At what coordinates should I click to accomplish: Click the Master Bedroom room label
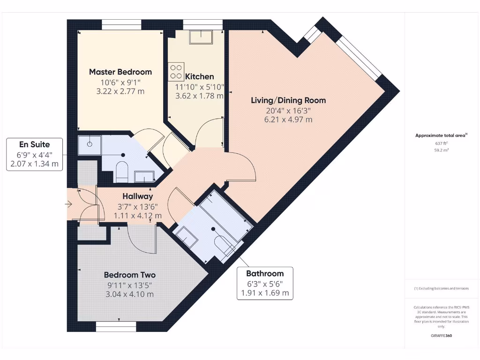120,72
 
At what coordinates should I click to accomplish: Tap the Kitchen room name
200,76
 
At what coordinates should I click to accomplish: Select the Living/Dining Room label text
288,100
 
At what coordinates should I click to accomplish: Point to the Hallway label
138,196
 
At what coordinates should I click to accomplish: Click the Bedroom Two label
130,275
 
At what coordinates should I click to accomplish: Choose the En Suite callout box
34,154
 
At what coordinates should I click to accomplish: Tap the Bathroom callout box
265,283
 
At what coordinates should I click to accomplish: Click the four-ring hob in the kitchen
177,71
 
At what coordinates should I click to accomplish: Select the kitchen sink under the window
201,37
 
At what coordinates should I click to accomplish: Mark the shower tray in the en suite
89,145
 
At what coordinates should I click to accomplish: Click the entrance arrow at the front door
68,204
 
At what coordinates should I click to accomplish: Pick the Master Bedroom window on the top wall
121,24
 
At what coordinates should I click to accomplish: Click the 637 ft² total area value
442,143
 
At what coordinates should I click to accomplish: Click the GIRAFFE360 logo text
442,336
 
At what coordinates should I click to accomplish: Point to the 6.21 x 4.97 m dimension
288,120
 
